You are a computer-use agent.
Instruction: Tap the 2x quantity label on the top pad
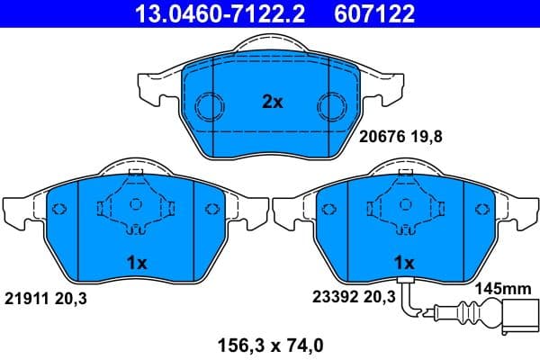coord(272,103)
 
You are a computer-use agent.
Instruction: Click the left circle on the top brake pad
coord(209,106)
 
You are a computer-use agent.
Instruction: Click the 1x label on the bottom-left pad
coord(136,264)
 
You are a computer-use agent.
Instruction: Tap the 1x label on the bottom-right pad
coord(404,264)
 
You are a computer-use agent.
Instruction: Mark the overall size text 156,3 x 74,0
coord(270,342)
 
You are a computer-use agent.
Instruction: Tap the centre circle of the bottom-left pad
coord(136,204)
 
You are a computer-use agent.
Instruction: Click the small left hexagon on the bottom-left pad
coord(59,210)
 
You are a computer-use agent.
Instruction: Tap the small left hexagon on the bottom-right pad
coord(328,210)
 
